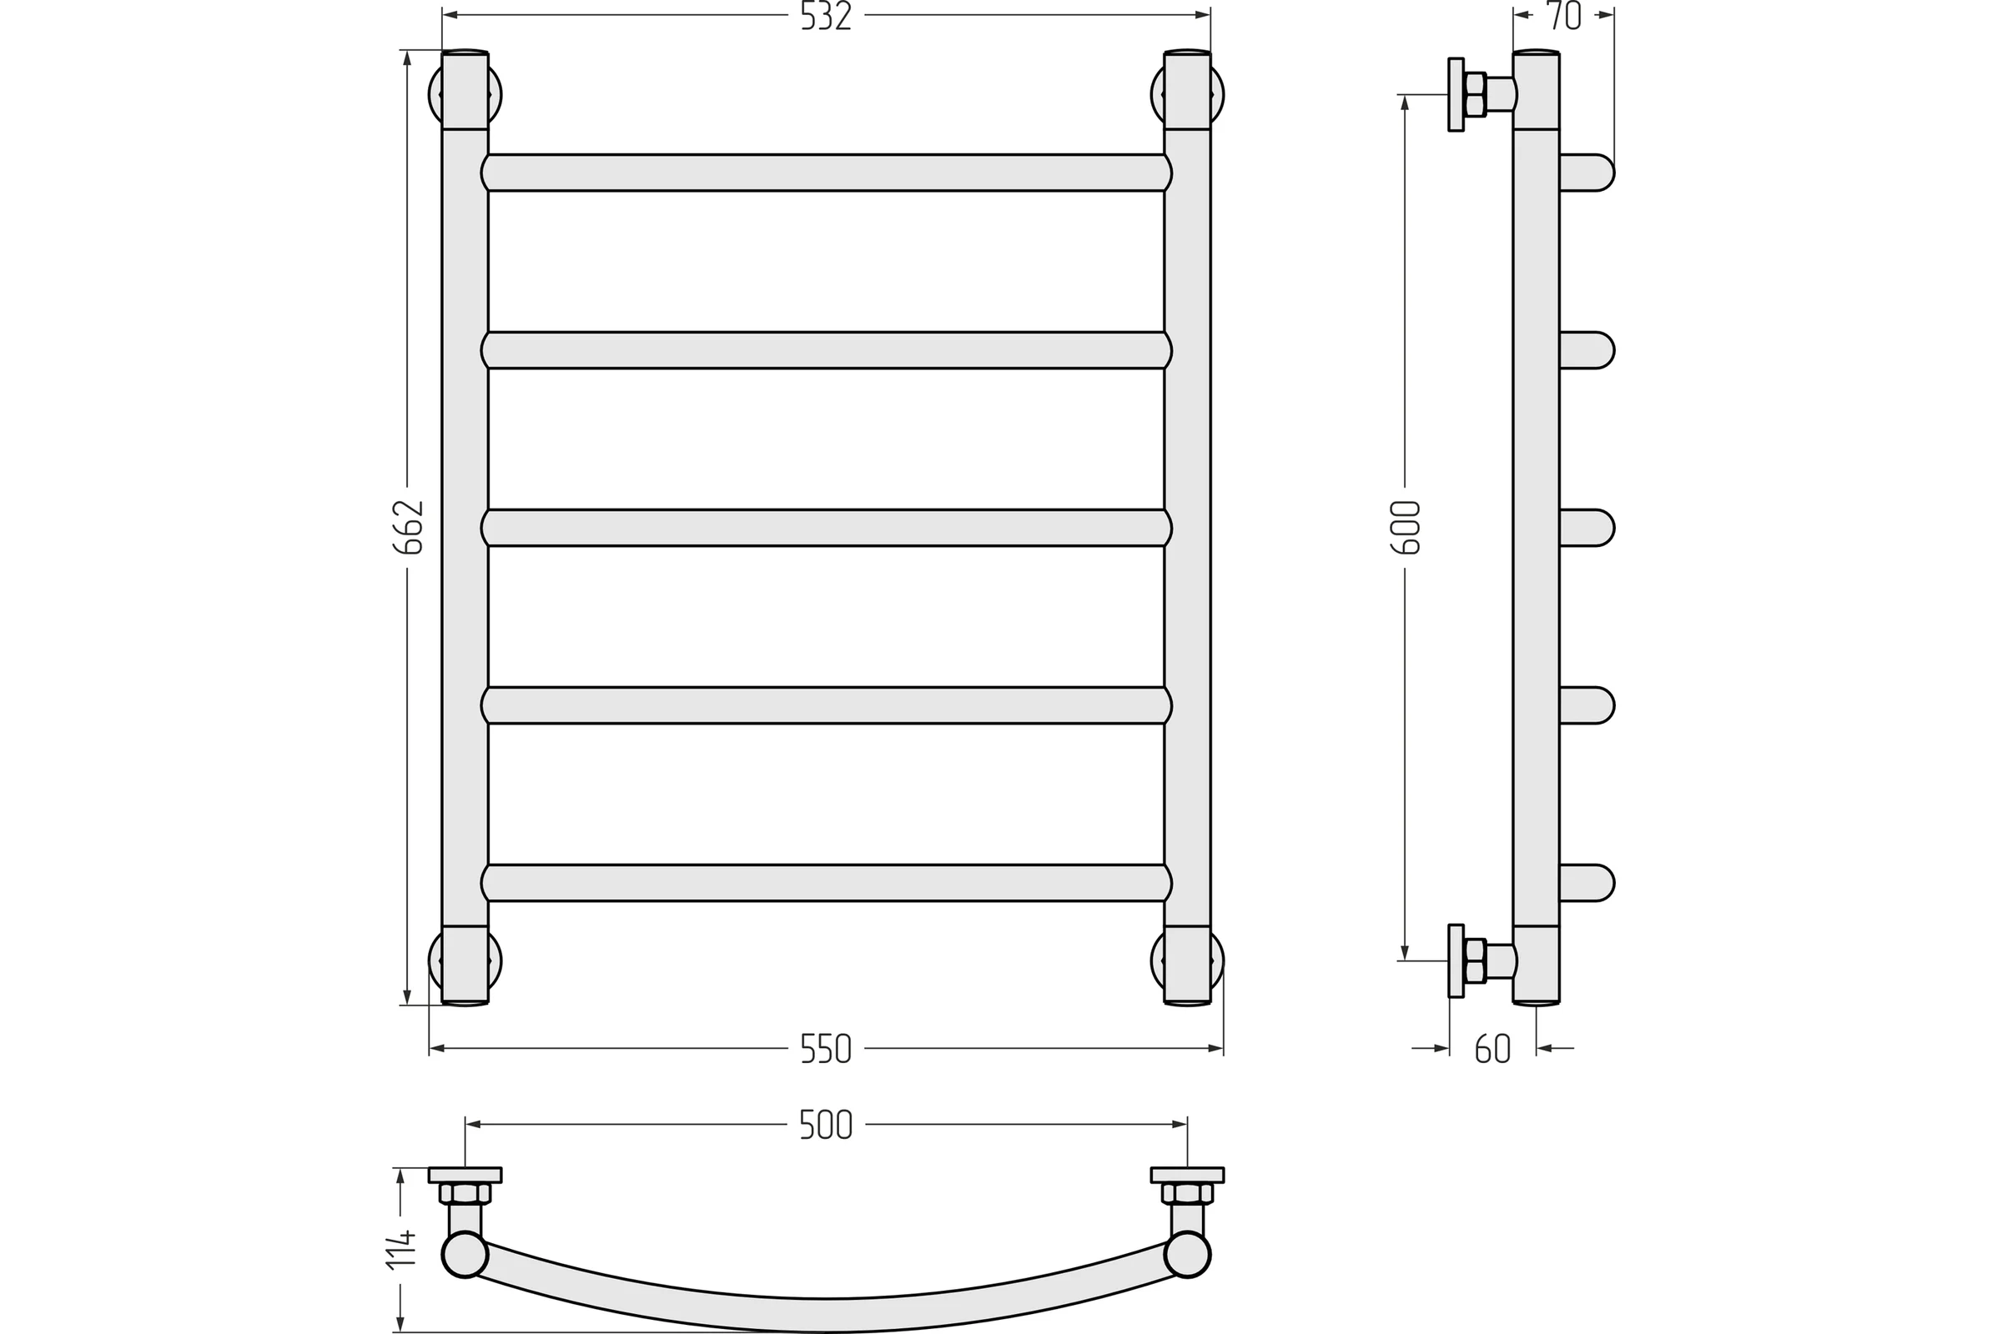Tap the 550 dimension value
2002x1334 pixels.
point(826,1050)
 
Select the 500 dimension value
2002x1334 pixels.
point(826,1126)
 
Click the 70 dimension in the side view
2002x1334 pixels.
point(1563,16)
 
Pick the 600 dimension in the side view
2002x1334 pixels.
point(1406,528)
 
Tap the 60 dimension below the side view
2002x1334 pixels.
point(1493,1050)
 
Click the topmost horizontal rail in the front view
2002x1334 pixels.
point(826,173)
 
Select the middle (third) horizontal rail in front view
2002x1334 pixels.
point(826,528)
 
